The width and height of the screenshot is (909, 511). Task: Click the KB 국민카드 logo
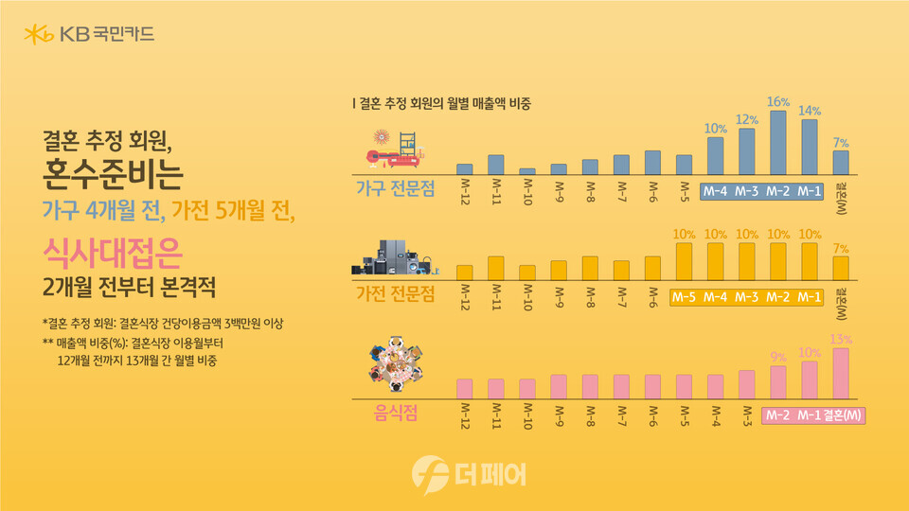pyautogui.click(x=90, y=36)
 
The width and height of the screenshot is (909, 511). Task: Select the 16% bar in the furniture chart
pyautogui.click(x=778, y=143)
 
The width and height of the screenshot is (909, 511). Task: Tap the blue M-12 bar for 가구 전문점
pyautogui.click(x=464, y=168)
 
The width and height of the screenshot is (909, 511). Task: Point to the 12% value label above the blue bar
pyautogui.click(x=747, y=119)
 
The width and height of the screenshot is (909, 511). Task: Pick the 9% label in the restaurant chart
pyautogui.click(x=778, y=357)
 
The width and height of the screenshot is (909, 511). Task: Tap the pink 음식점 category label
pyautogui.click(x=395, y=414)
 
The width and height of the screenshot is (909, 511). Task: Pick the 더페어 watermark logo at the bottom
pyautogui.click(x=470, y=473)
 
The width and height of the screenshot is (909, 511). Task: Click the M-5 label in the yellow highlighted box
pyautogui.click(x=685, y=297)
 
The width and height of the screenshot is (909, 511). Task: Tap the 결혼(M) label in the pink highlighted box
pyautogui.click(x=844, y=415)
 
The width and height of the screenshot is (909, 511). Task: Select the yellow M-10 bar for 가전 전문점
pyautogui.click(x=526, y=273)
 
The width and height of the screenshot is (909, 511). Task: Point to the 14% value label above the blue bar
pyautogui.click(x=810, y=110)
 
